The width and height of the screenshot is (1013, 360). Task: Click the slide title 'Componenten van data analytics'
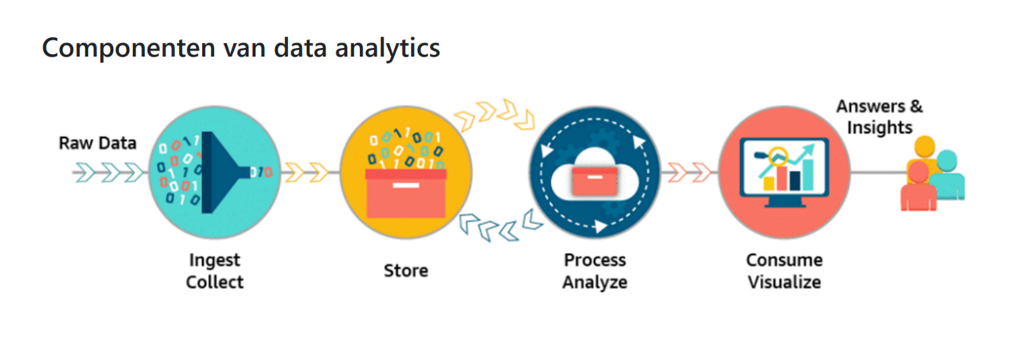pyautogui.click(x=241, y=48)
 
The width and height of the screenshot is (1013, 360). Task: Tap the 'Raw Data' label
pyautogui.click(x=97, y=143)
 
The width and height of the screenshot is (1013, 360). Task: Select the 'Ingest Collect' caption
pyautogui.click(x=216, y=271)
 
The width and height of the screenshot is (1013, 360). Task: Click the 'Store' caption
pyautogui.click(x=406, y=270)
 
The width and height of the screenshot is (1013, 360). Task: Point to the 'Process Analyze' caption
pyautogui.click(x=595, y=271)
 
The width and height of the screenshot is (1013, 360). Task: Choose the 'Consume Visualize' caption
pyautogui.click(x=784, y=271)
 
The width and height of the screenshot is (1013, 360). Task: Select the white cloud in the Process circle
pyautogui.click(x=595, y=174)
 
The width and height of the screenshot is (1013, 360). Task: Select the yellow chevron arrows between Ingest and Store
pyautogui.click(x=310, y=173)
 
